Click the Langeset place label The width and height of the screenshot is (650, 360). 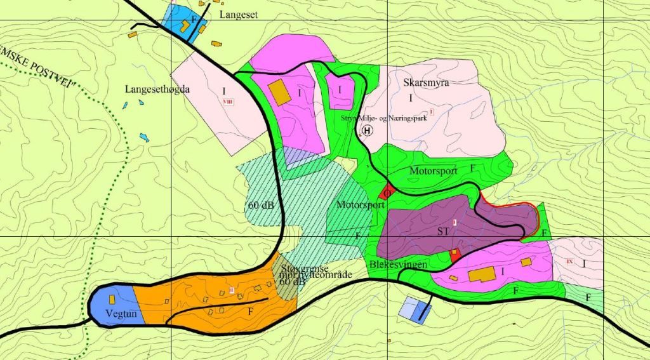click(x=239, y=14)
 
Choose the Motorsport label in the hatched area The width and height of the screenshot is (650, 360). click(x=361, y=206)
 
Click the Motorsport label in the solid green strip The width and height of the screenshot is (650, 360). click(x=434, y=171)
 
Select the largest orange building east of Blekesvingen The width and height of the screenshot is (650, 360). click(x=481, y=276)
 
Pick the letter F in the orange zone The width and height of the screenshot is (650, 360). click(x=251, y=312)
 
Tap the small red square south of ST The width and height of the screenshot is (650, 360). click(x=454, y=255)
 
